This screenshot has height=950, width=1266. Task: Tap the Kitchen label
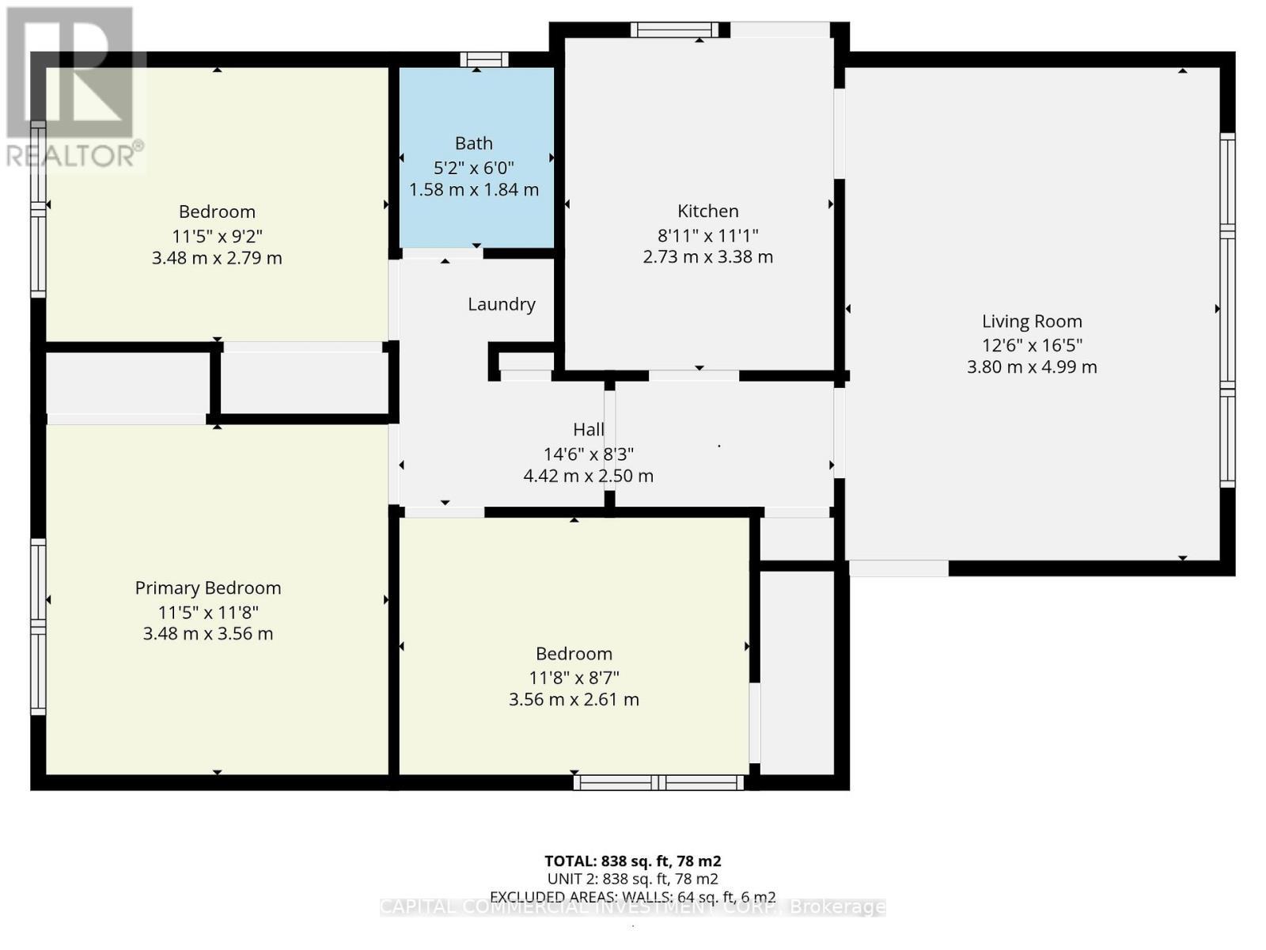pos(707,211)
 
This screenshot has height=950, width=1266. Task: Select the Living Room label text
pos(1032,321)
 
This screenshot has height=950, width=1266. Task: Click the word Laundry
pos(501,304)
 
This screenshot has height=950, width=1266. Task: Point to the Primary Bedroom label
pos(208,587)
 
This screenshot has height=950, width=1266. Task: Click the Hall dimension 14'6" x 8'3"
pos(588,454)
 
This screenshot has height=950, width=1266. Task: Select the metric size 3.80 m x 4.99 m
pos(1032,367)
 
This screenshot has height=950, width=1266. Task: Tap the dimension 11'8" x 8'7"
pos(574,678)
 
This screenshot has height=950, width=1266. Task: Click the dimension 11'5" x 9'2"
pos(217,236)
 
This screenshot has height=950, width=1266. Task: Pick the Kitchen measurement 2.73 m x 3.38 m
pos(707,256)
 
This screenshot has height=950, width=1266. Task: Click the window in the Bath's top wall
pos(484,59)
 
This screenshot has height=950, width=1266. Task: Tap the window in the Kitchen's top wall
pos(674,30)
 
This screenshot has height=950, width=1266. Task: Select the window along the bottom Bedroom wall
pos(658,783)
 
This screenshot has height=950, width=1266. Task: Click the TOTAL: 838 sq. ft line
pos(632,861)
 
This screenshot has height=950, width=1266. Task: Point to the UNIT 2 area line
pos(632,879)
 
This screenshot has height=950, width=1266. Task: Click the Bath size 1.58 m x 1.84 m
pos(473,190)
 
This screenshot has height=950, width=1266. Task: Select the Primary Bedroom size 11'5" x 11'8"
pos(208,612)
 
